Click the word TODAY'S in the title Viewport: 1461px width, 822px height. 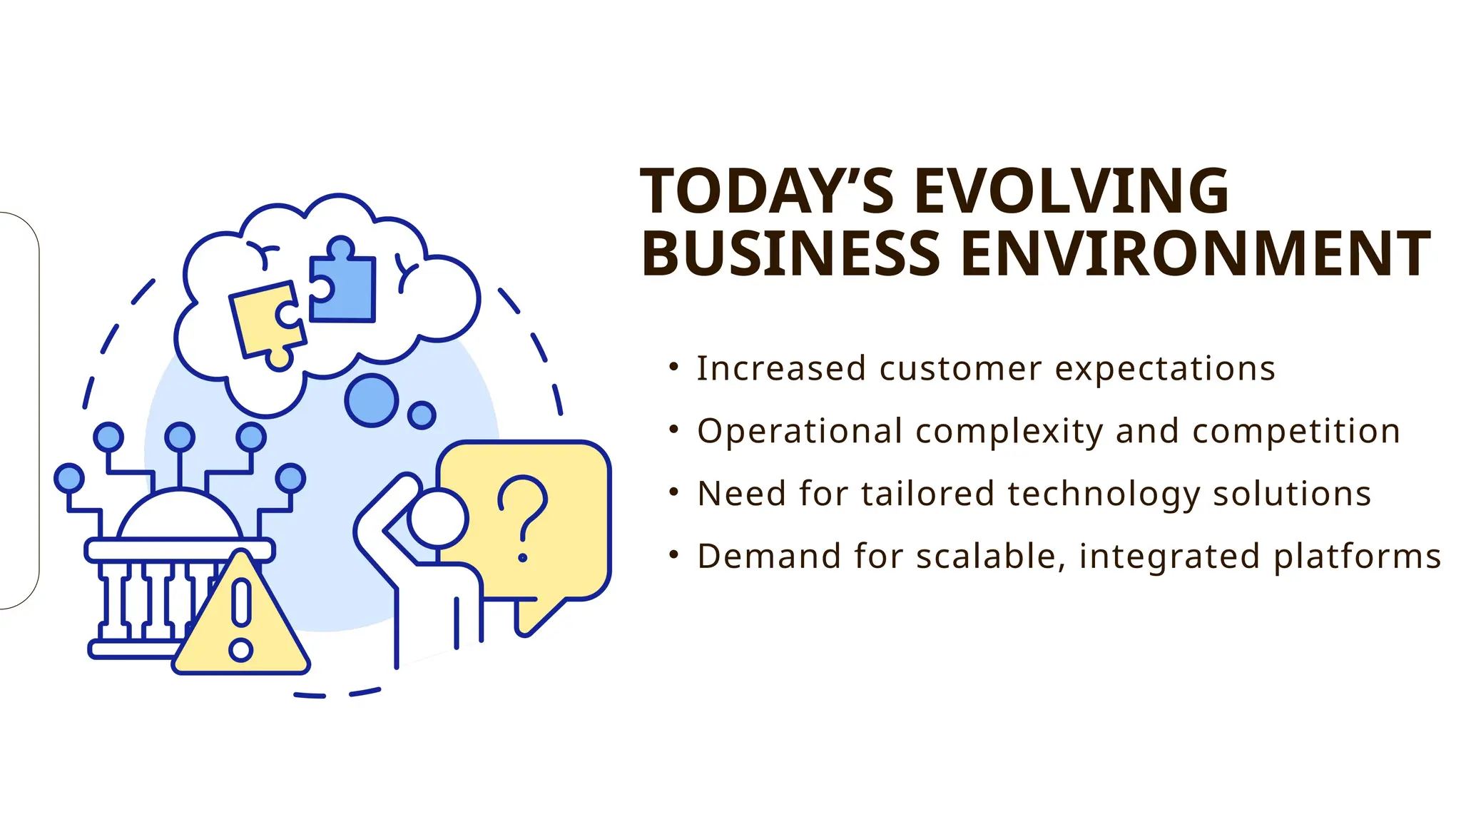click(x=767, y=191)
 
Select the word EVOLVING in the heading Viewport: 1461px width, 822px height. click(x=1071, y=191)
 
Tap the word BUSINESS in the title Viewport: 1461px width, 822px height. click(x=791, y=254)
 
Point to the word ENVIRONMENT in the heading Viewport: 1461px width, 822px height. click(x=1196, y=254)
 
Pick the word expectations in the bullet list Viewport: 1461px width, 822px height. click(x=1165, y=369)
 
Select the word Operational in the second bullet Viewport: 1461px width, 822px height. click(x=800, y=432)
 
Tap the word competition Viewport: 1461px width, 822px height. click(x=1296, y=432)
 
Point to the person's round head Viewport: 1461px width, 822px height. click(x=438, y=519)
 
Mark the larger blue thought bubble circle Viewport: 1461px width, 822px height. click(x=372, y=400)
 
